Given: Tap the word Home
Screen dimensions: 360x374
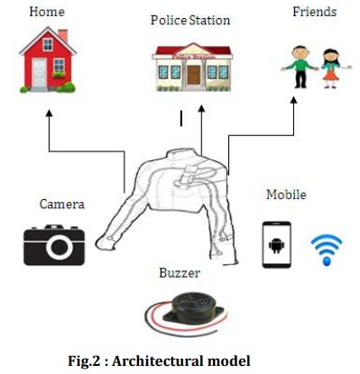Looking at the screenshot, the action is coord(47,12).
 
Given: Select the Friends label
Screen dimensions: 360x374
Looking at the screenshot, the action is coord(314,12).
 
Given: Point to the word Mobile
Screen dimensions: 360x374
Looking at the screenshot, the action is coord(286,195).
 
